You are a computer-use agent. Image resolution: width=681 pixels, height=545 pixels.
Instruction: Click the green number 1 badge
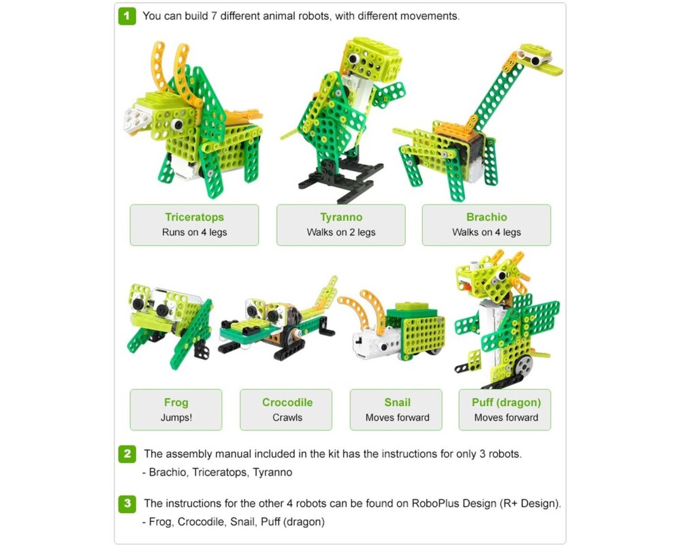click(127, 16)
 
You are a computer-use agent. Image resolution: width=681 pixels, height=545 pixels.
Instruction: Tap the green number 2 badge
click(127, 454)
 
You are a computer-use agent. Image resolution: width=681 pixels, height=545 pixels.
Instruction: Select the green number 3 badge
click(127, 504)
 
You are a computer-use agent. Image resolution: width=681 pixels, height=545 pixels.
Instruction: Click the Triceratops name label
click(194, 217)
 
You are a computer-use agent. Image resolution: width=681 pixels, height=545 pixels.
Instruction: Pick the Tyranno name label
click(340, 217)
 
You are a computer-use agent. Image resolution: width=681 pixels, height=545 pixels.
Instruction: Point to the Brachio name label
click(486, 217)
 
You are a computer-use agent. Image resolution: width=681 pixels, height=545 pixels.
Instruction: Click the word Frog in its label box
click(176, 402)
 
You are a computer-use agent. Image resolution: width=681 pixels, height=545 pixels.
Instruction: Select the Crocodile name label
click(287, 402)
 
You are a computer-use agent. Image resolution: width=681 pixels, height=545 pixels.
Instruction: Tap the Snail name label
click(397, 402)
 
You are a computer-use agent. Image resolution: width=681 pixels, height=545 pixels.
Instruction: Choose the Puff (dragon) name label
click(506, 402)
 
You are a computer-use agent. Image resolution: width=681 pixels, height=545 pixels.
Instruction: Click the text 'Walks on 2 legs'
click(340, 232)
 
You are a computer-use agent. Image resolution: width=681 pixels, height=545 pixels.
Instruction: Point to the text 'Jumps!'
click(176, 418)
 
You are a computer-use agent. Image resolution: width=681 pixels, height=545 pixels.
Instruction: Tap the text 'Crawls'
click(287, 418)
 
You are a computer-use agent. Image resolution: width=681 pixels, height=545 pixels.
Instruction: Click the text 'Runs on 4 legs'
click(194, 232)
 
